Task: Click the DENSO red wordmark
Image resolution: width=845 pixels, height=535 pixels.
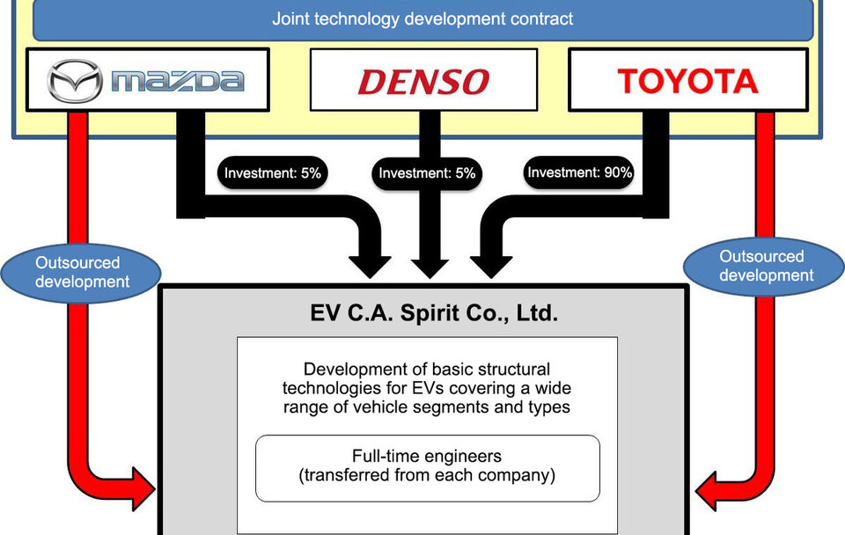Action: click(423, 82)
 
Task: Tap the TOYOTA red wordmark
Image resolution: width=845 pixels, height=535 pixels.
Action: click(687, 81)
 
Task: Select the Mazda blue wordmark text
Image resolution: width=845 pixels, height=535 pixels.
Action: click(176, 82)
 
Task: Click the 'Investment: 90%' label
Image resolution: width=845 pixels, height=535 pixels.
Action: click(579, 172)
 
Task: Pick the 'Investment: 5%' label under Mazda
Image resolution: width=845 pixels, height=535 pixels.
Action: click(273, 173)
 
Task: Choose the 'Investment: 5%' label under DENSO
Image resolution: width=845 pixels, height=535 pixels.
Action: click(427, 173)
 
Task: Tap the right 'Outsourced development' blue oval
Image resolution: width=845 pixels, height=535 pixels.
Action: click(762, 266)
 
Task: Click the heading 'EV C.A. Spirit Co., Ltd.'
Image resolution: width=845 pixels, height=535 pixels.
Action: click(422, 312)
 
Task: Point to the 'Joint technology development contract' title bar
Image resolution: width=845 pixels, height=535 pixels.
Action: click(422, 18)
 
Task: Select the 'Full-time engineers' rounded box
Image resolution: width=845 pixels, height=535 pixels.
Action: click(427, 467)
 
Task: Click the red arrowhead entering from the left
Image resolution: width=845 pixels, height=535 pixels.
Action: click(141, 487)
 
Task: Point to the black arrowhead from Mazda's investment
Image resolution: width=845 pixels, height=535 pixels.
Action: click(370, 264)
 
